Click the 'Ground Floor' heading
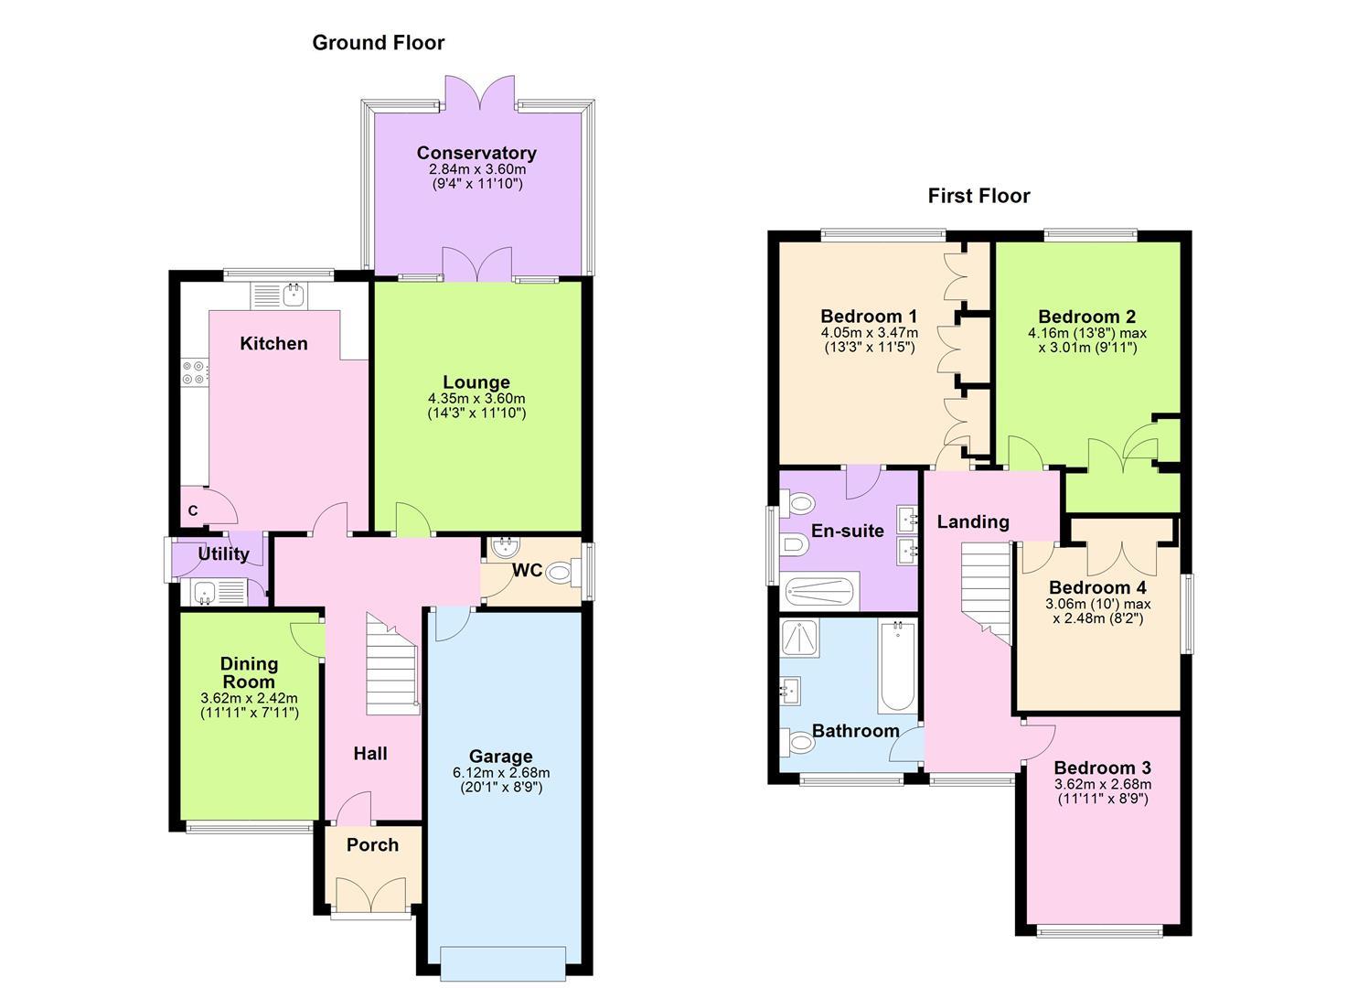tap(378, 42)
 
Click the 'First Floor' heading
tap(978, 196)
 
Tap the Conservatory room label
tap(476, 153)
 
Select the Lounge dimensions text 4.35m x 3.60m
tap(476, 399)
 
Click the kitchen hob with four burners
tap(194, 372)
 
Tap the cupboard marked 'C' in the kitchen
tap(193, 511)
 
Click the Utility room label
tap(223, 554)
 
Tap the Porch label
tap(372, 845)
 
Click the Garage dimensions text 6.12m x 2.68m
tap(500, 773)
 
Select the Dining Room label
tap(249, 673)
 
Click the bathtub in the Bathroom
tap(896, 665)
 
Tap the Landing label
tap(973, 521)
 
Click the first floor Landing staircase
tap(986, 591)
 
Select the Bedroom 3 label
tap(1102, 768)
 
